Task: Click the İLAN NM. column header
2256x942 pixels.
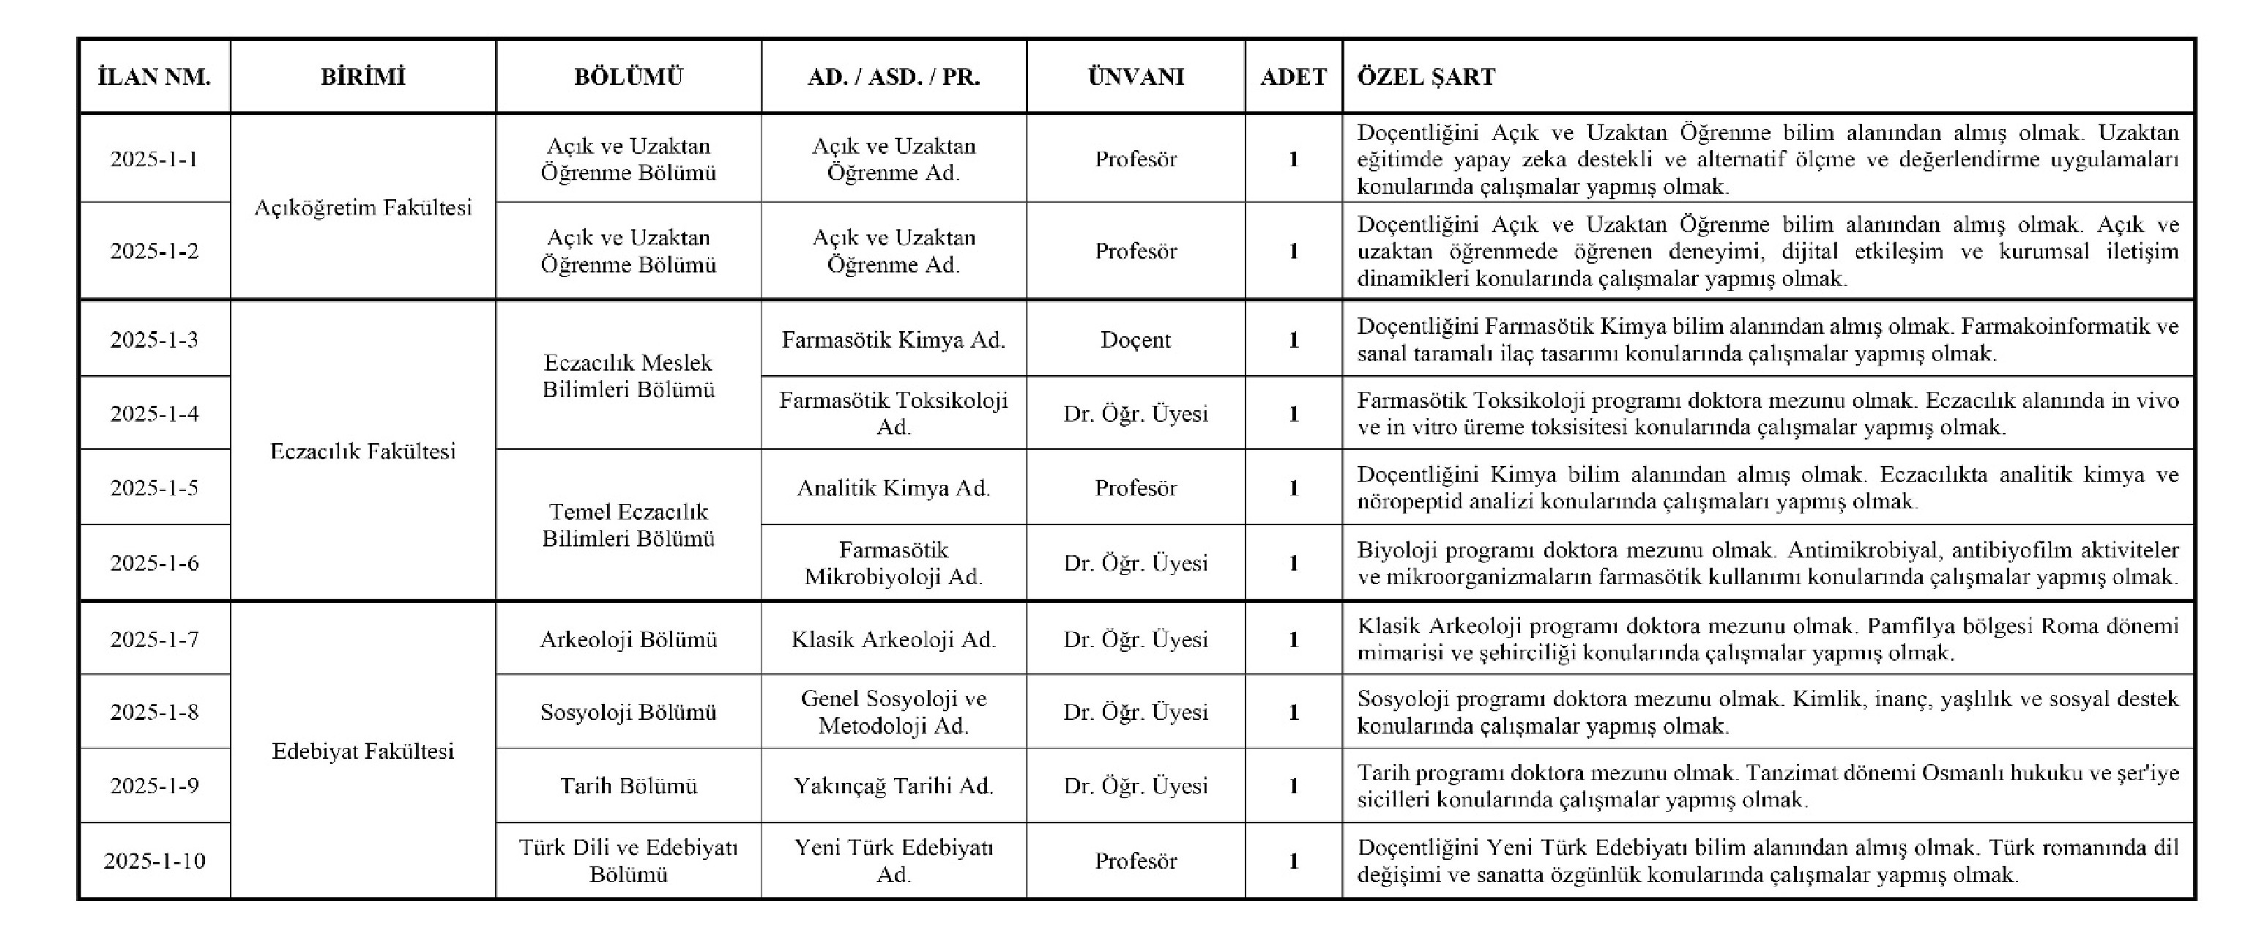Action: click(x=155, y=77)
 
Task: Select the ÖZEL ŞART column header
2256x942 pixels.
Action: click(x=1426, y=77)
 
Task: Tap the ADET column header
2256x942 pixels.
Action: click(x=1294, y=77)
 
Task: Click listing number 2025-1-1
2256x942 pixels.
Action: click(x=155, y=159)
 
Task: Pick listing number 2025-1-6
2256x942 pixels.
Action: click(x=155, y=563)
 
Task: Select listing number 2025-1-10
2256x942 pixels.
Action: click(x=155, y=861)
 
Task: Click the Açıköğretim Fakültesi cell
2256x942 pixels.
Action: click(x=362, y=208)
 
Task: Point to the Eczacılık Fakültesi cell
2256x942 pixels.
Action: click(x=362, y=451)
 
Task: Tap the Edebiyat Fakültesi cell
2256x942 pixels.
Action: click(x=362, y=751)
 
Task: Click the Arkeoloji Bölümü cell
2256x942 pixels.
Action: click(x=628, y=639)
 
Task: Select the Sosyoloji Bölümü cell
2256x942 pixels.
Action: click(x=628, y=711)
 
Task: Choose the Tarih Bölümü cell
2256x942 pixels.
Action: click(x=628, y=785)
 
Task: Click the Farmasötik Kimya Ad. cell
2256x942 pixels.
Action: click(x=893, y=339)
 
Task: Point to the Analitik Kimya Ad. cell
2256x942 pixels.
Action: click(x=893, y=487)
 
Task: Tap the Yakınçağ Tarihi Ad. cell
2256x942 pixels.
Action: click(x=893, y=785)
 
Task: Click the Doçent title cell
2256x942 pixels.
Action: click(x=1135, y=339)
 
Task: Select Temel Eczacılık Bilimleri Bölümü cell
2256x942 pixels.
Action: click(x=628, y=525)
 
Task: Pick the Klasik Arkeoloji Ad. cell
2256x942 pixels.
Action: click(x=893, y=639)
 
